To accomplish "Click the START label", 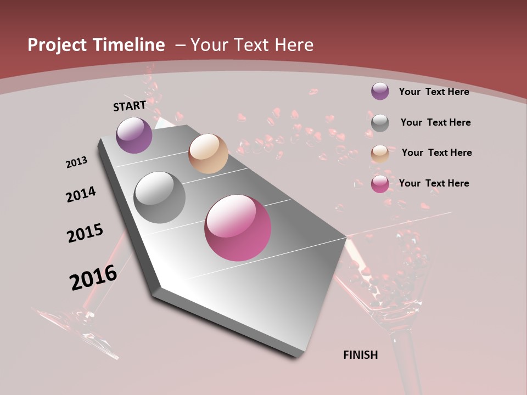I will pos(130,105).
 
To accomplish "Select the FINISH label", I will pos(361,355).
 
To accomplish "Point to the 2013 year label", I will pos(76,162).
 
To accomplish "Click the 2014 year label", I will pos(81,194).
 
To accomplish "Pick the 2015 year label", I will pos(85,233).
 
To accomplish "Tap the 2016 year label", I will pos(93,277).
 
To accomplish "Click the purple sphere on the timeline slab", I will pos(134,135).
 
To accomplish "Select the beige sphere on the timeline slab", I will pos(208,154).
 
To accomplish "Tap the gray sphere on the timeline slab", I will pos(159,197).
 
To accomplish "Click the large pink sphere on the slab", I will pos(238,228).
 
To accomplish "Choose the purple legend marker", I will pos(380,91).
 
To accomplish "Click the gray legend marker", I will pos(380,123).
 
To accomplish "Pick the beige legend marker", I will pos(380,154).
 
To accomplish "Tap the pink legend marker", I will pos(380,184).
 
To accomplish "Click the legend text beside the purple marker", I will pos(434,92).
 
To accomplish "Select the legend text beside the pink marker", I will pos(434,183).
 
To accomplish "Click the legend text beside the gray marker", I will pos(435,122).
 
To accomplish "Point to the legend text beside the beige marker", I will pos(436,153).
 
